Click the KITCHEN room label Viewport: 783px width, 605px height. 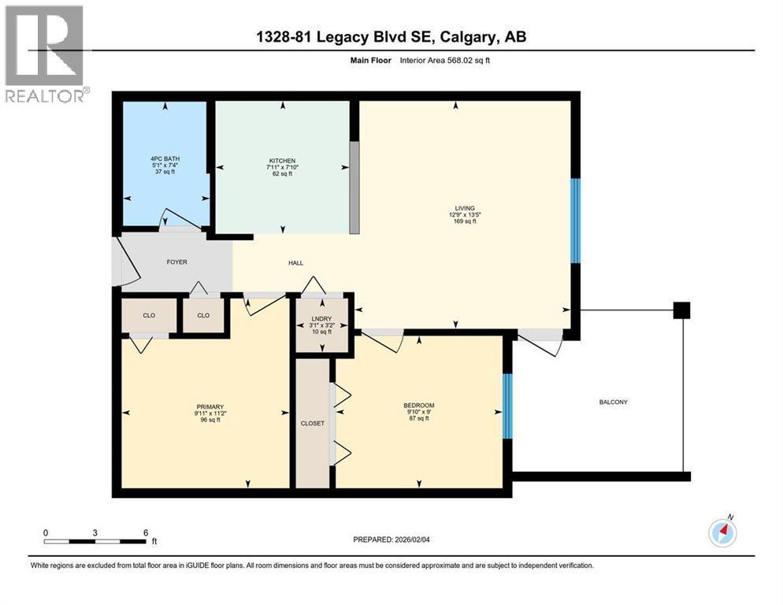coord(282,161)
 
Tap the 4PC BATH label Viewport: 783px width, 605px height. coord(165,159)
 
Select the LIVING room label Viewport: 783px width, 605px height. coord(465,208)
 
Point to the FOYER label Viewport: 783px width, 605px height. coord(176,262)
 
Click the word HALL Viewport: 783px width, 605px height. coord(295,263)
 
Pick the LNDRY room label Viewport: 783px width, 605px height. coord(321,319)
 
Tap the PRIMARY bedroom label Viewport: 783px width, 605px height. coord(210,407)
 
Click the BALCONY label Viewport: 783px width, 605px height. coord(613,403)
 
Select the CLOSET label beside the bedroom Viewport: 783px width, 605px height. coord(313,423)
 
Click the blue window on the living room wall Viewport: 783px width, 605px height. coord(575,221)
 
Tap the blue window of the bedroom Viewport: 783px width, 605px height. coord(507,406)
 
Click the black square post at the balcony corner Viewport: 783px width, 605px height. coord(681,310)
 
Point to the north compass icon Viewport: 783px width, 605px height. coord(722,532)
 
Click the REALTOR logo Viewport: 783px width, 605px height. coord(46,54)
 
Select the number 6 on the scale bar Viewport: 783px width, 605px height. coord(146,533)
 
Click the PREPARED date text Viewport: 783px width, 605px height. coord(391,540)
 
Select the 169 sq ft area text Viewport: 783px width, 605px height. coord(465,221)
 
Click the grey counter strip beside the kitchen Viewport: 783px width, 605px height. coord(354,187)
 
